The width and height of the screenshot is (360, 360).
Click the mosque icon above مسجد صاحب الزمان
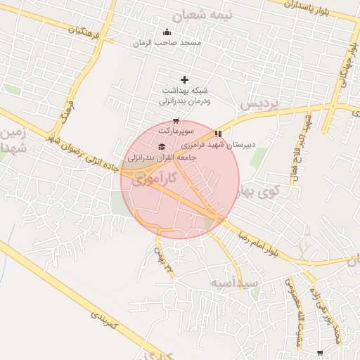(167, 32)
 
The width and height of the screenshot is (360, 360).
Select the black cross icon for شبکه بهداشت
(185, 79)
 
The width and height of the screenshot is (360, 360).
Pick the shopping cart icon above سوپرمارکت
(175, 121)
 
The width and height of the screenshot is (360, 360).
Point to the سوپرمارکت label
(175, 131)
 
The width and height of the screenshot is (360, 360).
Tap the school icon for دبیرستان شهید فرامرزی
(219, 134)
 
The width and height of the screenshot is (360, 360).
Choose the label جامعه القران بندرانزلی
(162, 158)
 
